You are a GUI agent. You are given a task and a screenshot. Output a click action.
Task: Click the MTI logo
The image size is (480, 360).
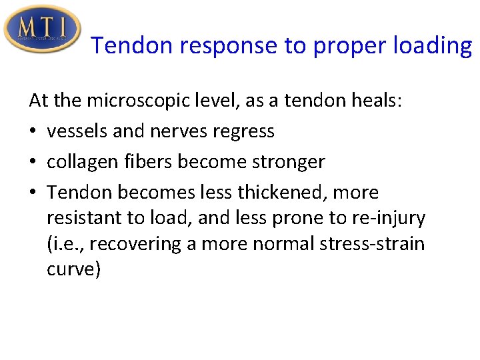[41, 29]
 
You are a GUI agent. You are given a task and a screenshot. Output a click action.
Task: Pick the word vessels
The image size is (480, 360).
[78, 131]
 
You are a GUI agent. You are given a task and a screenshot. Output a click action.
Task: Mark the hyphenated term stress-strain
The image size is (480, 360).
[364, 244]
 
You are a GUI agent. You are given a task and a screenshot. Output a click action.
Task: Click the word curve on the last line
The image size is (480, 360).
[74, 269]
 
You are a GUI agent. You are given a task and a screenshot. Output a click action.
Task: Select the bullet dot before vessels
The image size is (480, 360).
[33, 132]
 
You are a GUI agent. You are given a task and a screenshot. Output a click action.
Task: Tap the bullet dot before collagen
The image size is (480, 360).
[33, 163]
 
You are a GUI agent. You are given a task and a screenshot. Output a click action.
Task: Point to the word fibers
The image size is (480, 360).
[157, 162]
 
